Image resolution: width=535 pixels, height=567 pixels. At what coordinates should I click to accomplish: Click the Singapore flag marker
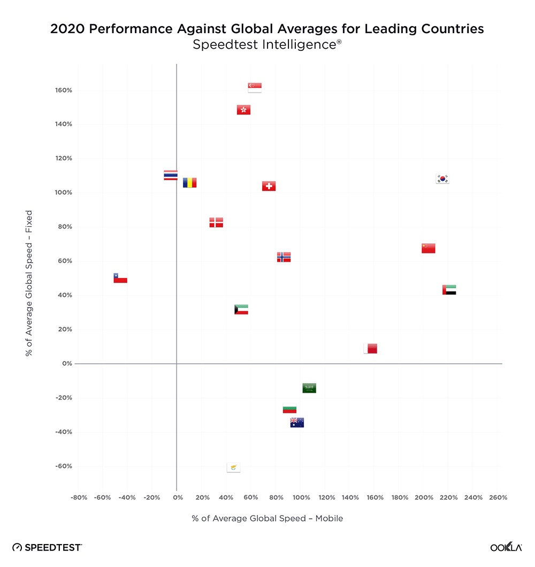click(255, 88)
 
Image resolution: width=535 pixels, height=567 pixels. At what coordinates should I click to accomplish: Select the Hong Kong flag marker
click(243, 110)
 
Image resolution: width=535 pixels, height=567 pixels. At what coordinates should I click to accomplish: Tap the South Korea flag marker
click(442, 179)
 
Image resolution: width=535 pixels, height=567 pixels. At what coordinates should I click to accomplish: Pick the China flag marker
click(428, 248)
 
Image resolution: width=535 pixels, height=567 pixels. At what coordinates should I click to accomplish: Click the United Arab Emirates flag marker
click(449, 290)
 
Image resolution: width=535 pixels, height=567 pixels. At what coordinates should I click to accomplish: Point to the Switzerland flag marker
click(269, 186)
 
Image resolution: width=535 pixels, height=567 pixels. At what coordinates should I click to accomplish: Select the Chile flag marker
click(120, 278)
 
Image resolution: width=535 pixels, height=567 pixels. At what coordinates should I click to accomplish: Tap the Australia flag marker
click(297, 423)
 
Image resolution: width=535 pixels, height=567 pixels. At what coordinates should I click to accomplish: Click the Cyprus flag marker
click(233, 468)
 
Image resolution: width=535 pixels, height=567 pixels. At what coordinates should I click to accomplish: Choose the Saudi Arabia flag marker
click(309, 388)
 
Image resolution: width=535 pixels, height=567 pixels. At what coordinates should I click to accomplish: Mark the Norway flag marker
click(284, 257)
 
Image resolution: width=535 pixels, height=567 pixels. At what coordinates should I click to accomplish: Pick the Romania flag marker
click(189, 183)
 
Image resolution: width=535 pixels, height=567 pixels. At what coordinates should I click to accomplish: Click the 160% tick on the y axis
click(64, 90)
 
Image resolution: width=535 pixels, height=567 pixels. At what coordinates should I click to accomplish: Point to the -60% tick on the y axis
click(64, 466)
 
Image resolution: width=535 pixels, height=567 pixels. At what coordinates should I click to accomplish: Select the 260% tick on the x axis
click(498, 497)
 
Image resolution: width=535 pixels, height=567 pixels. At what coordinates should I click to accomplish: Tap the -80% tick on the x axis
click(79, 497)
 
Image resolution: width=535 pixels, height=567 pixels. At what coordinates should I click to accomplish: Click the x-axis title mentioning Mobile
click(267, 518)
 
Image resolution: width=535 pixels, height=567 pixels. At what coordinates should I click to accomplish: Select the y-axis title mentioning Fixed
click(29, 283)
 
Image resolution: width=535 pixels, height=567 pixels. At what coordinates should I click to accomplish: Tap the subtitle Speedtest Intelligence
click(267, 45)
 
